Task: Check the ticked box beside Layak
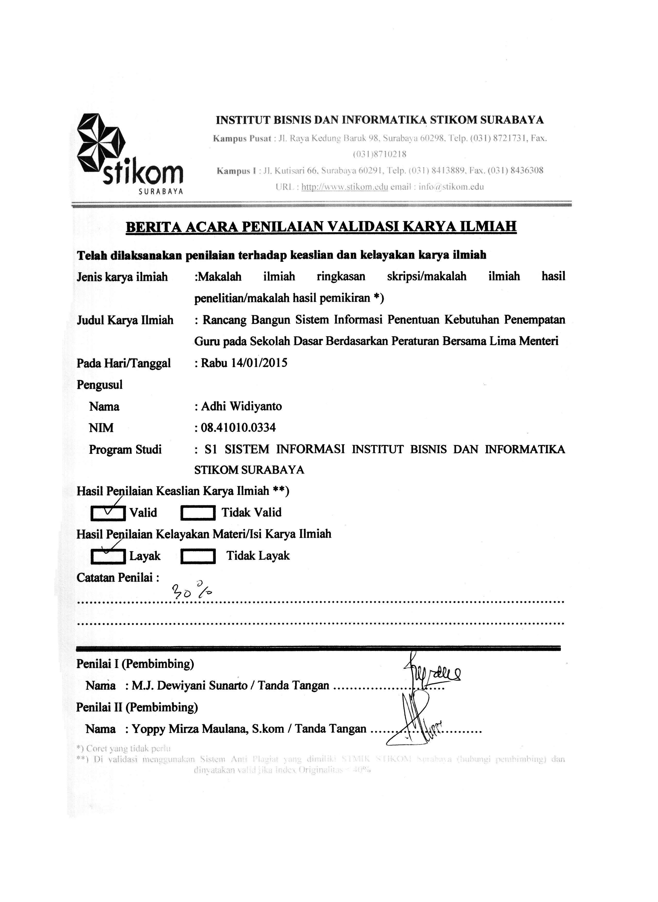[108, 557]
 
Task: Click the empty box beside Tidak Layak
[198, 557]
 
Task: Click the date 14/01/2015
[259, 363]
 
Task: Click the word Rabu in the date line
[214, 363]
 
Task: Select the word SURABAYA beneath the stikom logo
[161, 192]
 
